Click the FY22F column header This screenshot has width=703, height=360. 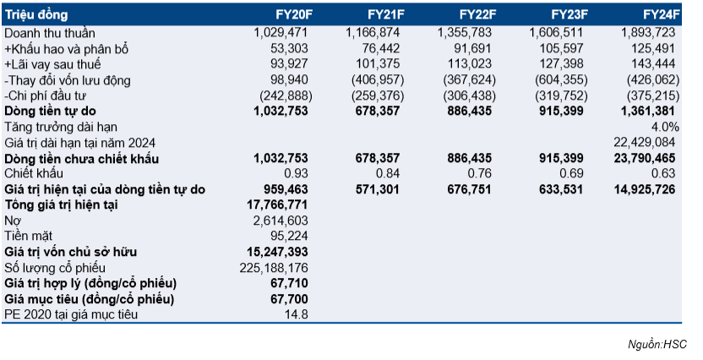click(x=478, y=15)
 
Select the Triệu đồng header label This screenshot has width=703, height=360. click(x=36, y=15)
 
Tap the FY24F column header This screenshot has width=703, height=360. click(x=662, y=15)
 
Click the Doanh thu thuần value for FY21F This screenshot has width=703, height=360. click(x=373, y=33)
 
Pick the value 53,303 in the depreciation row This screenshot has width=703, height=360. click(x=290, y=48)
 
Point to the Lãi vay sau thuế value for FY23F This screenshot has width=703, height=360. click(x=561, y=64)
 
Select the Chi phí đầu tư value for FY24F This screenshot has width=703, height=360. click(x=653, y=96)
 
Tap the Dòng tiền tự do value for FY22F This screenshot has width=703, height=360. click(x=470, y=112)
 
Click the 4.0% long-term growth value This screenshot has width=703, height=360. click(x=665, y=128)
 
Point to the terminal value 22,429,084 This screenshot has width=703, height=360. click(x=644, y=143)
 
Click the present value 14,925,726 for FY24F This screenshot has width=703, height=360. click(x=644, y=189)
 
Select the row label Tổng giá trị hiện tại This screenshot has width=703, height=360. click(x=61, y=205)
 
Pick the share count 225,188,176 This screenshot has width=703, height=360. click(x=274, y=268)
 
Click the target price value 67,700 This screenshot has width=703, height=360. click(x=290, y=299)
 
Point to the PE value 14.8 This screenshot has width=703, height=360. click(x=297, y=314)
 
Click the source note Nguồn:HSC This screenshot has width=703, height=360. click(x=657, y=344)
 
